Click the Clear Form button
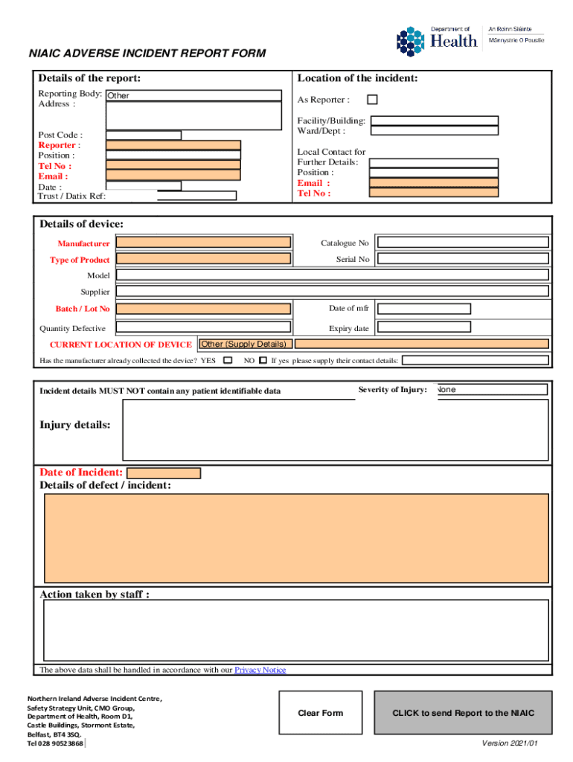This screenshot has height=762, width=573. (x=321, y=713)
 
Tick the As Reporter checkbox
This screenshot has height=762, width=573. (x=372, y=100)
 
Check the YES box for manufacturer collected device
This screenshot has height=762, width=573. (x=228, y=361)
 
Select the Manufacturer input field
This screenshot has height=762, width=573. (x=204, y=243)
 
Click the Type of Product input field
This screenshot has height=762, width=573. (x=204, y=260)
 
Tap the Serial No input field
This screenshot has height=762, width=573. (x=463, y=260)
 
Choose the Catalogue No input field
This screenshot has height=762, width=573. (x=463, y=243)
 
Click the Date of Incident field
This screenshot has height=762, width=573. (x=164, y=473)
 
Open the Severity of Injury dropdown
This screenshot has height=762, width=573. (x=492, y=390)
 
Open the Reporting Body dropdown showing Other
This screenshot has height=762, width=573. (x=193, y=96)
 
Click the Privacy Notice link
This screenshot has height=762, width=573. (x=260, y=670)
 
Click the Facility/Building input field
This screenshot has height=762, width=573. (x=435, y=121)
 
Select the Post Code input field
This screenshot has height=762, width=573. (x=144, y=135)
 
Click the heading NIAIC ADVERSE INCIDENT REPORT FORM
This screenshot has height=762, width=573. (x=147, y=54)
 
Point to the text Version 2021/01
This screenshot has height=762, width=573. (x=510, y=743)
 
